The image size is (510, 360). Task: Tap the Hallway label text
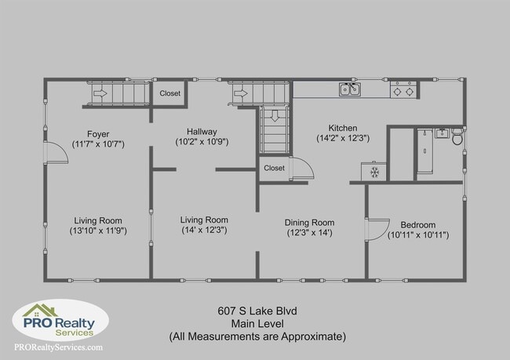pos(202,131)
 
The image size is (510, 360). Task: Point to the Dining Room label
pos(309,222)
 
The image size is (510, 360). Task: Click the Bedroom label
pos(417,224)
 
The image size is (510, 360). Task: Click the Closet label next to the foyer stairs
pos(169,93)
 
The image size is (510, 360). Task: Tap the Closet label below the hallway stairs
pos(275,168)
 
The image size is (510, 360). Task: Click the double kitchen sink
pos(350,90)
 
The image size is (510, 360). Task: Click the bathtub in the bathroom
pos(425,152)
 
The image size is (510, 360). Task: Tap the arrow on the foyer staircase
pos(101,93)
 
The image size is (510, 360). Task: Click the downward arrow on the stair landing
pos(275,117)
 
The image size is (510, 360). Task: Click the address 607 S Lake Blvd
pos(257,310)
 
